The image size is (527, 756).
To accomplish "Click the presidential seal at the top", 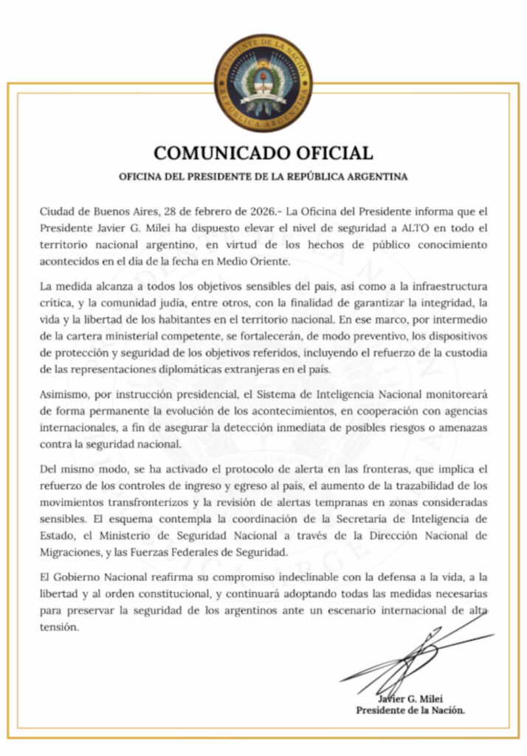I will pos(263,83).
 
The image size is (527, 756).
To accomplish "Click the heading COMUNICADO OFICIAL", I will pos(263,154).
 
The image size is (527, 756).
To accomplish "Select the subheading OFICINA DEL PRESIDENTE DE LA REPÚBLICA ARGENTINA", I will pos(263,178).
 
